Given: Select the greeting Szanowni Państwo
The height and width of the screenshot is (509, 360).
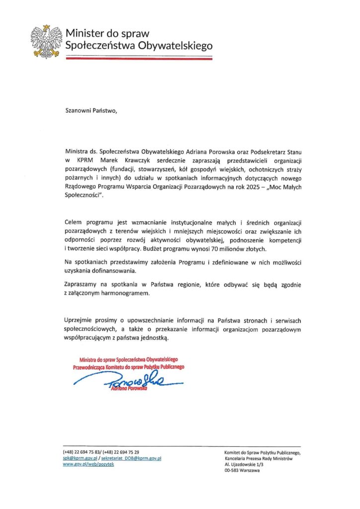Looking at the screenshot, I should coord(92,110).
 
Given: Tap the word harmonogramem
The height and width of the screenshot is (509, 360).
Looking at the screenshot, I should coord(132,293).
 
